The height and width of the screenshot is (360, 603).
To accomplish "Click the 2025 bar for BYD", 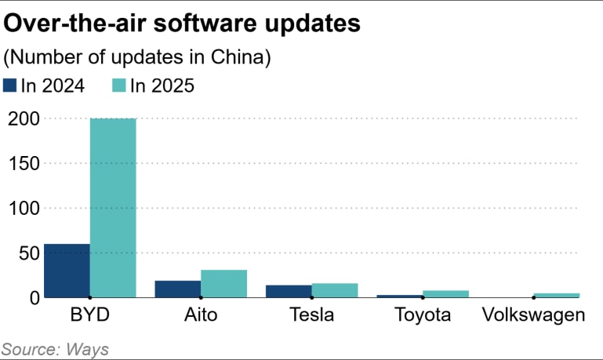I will pyautogui.click(x=113, y=208).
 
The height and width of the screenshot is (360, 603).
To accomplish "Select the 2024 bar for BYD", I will pyautogui.click(x=67, y=271).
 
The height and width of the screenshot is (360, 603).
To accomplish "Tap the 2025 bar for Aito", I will pyautogui.click(x=223, y=284).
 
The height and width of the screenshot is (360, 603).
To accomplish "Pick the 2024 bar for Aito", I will pyautogui.click(x=178, y=289).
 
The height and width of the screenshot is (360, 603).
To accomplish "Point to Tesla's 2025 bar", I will pyautogui.click(x=335, y=290).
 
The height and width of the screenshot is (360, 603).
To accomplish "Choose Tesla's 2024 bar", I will pyautogui.click(x=289, y=291).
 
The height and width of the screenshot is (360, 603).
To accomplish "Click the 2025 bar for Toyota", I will pyautogui.click(x=445, y=294).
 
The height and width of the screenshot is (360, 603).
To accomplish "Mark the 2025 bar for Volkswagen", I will pyautogui.click(x=557, y=295).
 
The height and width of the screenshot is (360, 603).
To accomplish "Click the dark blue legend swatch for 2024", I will pyautogui.click(x=10, y=85).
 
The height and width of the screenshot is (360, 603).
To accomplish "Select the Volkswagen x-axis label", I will pyautogui.click(x=534, y=316).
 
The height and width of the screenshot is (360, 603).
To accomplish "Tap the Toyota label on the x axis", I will pyautogui.click(x=423, y=316).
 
